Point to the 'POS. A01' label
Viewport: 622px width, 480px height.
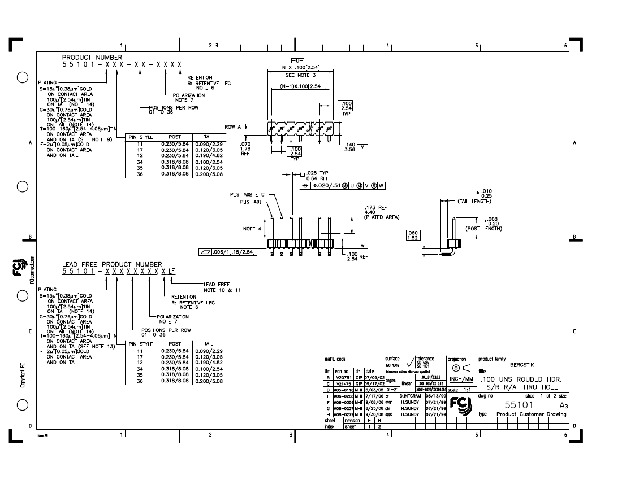click(x=251, y=202)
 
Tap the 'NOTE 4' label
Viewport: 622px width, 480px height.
click(x=252, y=229)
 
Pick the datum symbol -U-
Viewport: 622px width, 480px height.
click(x=297, y=60)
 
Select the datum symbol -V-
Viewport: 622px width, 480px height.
click(x=362, y=147)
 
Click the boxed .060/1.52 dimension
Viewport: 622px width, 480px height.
click(x=412, y=235)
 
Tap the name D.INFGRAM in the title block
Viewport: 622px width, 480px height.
click(x=412, y=396)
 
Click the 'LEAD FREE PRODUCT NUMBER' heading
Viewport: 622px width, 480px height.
click(x=112, y=264)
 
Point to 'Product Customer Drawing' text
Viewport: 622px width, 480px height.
click(x=531, y=414)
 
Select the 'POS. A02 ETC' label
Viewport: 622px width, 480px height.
click(x=247, y=194)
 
